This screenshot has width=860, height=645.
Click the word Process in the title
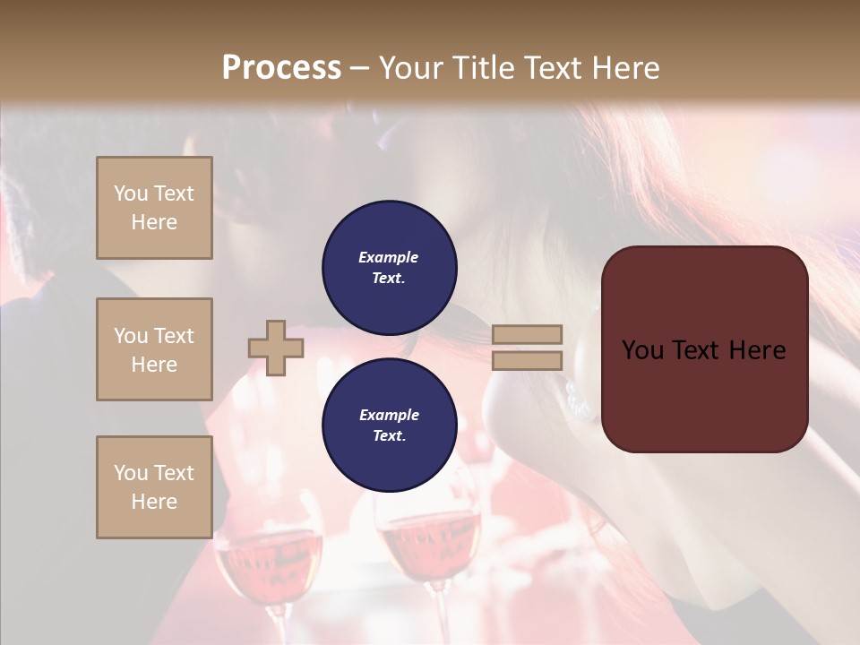[281, 68]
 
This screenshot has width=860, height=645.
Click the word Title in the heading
[484, 68]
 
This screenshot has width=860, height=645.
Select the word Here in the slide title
[625, 68]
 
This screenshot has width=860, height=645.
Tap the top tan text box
[154, 208]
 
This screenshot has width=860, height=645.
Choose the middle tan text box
[154, 349]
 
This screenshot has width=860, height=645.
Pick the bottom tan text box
[154, 487]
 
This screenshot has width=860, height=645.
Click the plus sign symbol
[276, 348]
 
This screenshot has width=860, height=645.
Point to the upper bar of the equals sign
[527, 335]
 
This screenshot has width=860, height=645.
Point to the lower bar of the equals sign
[527, 360]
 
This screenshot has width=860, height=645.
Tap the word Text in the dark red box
[706, 350]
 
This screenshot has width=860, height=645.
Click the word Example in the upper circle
[388, 257]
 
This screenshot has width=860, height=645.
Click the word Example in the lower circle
[389, 415]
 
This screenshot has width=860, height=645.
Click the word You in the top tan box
[130, 193]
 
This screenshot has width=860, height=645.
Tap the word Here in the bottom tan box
[154, 502]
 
